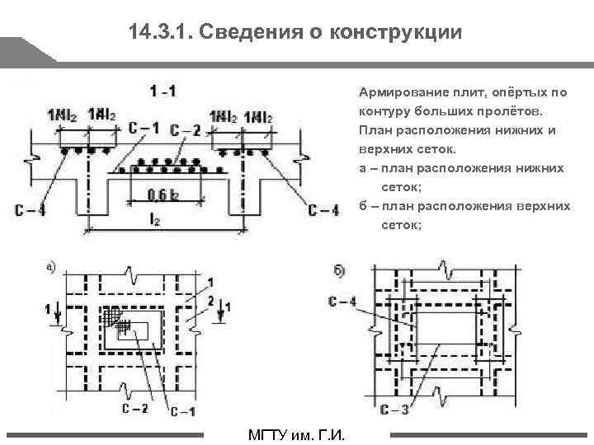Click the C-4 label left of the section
(30, 212)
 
